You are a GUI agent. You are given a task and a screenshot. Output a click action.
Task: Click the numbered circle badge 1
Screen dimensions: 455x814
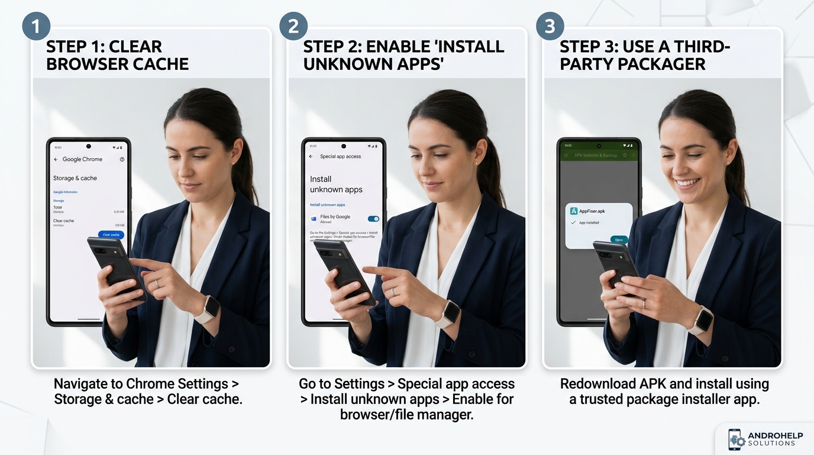[36, 26]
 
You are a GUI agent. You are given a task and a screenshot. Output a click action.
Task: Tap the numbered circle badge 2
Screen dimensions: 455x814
[293, 26]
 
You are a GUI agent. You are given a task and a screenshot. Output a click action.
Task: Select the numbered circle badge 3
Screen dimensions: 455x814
[550, 26]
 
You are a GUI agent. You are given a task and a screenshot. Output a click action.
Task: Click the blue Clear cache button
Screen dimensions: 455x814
[111, 235]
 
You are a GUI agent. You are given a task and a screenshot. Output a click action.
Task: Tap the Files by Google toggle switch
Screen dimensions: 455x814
[373, 219]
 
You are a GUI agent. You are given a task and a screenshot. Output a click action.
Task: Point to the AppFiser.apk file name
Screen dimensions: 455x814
[592, 211]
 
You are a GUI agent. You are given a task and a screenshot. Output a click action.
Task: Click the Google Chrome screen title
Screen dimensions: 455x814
[82, 159]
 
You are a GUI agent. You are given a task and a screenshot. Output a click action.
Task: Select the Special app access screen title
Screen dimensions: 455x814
[340, 156]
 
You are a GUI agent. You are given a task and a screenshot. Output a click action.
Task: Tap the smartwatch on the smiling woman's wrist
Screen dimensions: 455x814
[702, 320]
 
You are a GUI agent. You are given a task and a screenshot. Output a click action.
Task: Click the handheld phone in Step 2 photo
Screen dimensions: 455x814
[344, 272]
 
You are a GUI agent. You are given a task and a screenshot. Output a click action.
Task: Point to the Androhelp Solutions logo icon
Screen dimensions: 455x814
[736, 439]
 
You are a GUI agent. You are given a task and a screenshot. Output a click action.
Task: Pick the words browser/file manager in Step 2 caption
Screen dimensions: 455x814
[406, 415]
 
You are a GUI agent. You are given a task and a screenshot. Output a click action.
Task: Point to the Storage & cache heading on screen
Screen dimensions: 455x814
[75, 178]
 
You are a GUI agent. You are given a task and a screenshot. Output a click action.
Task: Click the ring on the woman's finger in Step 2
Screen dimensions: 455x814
[393, 291]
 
